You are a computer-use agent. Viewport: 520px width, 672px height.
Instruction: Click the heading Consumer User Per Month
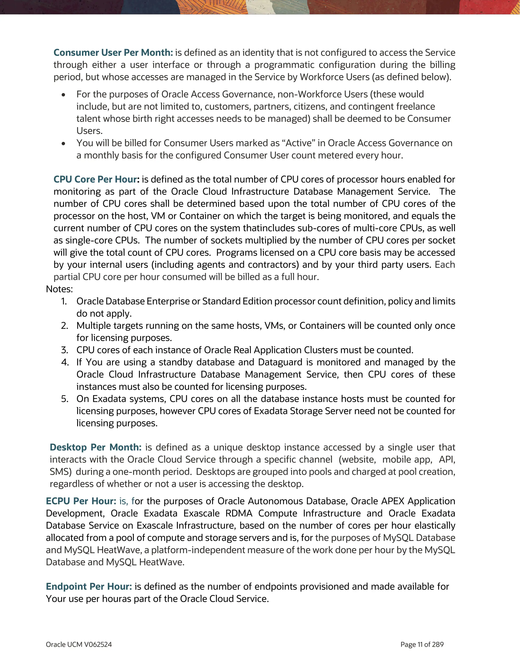[113, 53]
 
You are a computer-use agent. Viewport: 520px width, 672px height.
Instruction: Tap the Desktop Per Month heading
[95, 447]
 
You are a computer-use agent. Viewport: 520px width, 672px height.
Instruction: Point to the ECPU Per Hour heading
[81, 501]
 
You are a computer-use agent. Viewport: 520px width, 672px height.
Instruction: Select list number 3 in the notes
[64, 350]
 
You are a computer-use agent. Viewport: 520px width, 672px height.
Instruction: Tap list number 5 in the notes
[64, 399]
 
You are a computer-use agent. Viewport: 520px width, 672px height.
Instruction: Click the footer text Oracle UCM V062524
[79, 645]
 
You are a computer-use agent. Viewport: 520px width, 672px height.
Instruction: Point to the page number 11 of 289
[422, 645]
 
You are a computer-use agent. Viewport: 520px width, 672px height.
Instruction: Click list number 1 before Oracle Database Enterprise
[64, 301]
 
